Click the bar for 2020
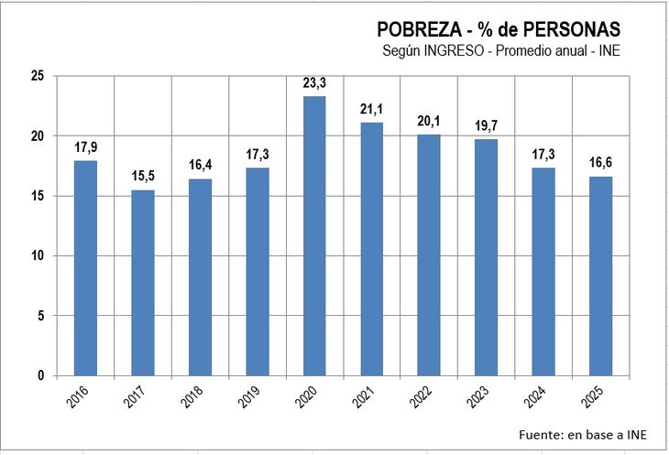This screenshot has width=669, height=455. [314, 235]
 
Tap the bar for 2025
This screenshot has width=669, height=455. [600, 276]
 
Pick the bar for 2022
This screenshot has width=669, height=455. [429, 255]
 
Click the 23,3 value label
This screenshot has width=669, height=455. [314, 83]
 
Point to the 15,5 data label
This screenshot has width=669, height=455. [142, 177]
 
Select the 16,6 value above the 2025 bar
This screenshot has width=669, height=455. [600, 164]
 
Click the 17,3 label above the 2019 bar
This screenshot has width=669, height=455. [258, 155]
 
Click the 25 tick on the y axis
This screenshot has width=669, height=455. [37, 76]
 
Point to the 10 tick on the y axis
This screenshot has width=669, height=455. [37, 255]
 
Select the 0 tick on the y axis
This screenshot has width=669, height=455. [40, 375]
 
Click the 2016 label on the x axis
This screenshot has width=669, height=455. [80, 399]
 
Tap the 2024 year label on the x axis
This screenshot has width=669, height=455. [538, 399]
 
